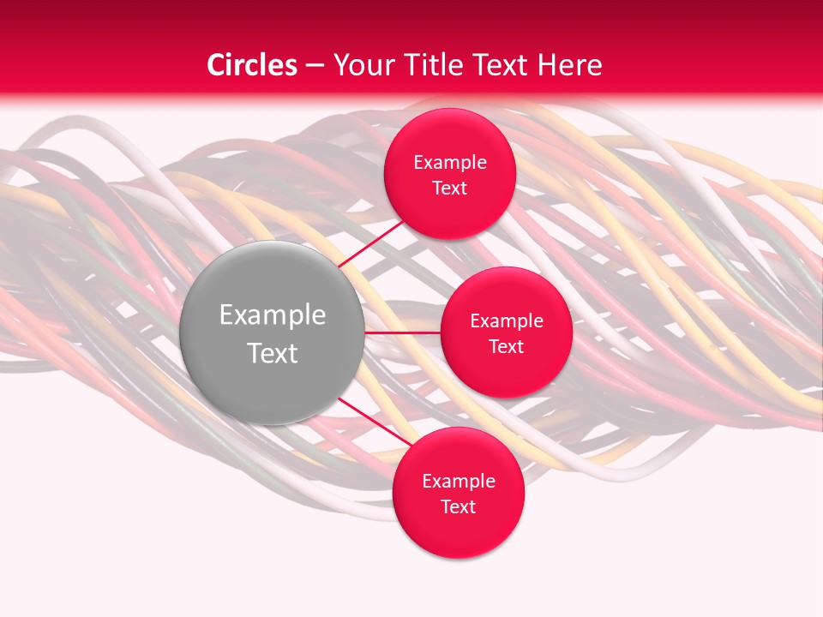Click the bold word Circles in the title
pos(252,65)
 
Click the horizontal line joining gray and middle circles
pos(402,332)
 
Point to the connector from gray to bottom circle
pos(374,422)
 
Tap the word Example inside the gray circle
pos(273,315)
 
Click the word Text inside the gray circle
pos(273,353)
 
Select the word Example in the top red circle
pos(450,163)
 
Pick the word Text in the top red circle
pos(449,189)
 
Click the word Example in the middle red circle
pos(507,321)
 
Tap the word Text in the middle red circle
pos(506,347)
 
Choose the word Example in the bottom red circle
pos(459,482)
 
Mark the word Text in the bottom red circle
pos(458,507)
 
